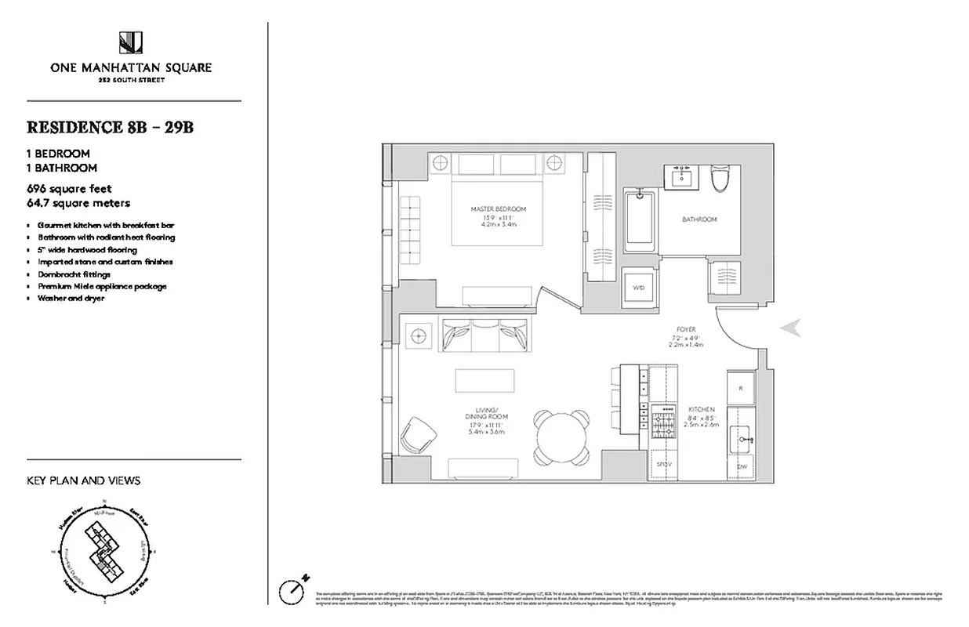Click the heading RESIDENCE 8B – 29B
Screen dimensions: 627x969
110,128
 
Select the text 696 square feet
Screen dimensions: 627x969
69,189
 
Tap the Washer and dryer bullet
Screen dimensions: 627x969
71,299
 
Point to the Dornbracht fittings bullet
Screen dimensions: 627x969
74,274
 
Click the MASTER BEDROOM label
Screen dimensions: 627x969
498,209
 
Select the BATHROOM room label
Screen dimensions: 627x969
699,219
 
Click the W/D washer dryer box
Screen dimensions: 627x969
639,288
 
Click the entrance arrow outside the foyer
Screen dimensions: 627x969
790,329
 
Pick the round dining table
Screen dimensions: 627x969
561,435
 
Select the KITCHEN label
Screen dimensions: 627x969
701,409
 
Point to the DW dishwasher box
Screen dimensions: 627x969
741,466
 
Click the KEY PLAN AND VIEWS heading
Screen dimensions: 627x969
83,480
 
